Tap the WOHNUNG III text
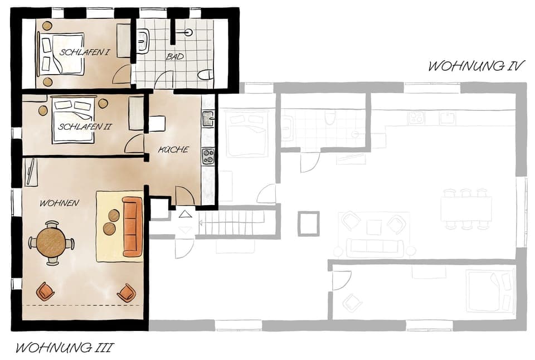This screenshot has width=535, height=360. pos(64,348)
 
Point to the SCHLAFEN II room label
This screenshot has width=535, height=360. pos(85,127)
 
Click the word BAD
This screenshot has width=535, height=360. pos(175,57)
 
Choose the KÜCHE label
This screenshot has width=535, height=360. pos(173,149)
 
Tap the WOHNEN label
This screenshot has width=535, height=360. pos(59,203)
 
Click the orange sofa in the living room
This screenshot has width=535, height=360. pos(133,226)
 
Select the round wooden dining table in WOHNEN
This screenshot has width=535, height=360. pos(51,242)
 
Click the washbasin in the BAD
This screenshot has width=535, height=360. pos(143,40)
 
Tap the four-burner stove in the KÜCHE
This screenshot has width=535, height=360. pos(208,155)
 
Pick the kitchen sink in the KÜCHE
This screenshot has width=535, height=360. pos(208,118)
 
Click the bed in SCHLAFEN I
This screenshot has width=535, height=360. pos(61,53)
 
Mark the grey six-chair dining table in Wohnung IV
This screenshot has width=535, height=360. pos(466,209)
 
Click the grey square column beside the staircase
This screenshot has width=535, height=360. pos(308,223)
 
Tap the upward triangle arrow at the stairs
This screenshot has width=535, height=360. pos(185,213)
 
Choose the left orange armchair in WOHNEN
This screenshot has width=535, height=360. pos(45,290)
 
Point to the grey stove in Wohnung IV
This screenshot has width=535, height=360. pos(416,118)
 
